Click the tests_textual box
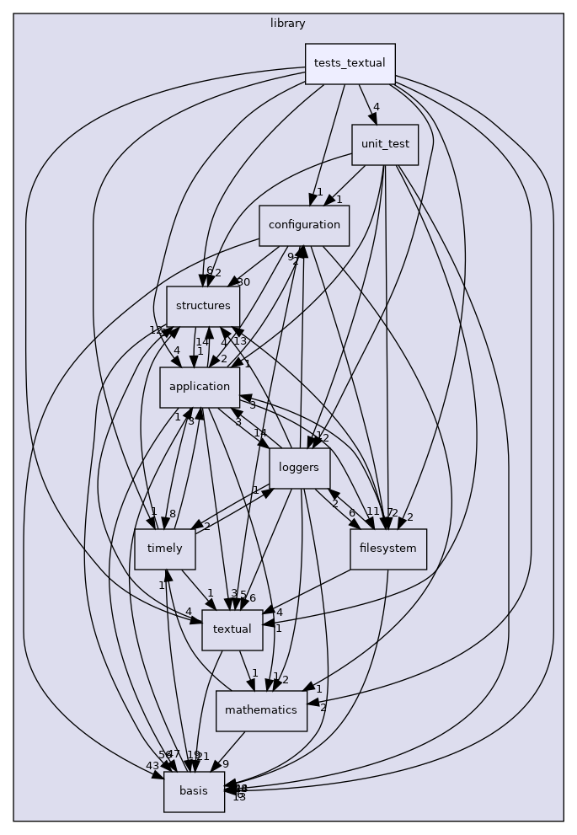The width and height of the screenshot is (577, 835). pos(350,64)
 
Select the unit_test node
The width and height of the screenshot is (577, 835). pos(385,144)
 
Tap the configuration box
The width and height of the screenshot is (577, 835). pos(304,225)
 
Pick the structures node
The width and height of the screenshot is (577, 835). pos(203,306)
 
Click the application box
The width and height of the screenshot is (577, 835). pos(199,387)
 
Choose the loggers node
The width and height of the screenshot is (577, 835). pos(299,468)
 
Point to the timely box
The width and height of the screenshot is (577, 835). pos(165,549)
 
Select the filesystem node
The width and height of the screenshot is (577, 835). pos(388,549)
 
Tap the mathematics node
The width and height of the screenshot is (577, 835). pos(261,710)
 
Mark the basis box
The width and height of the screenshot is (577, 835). pos(194,791)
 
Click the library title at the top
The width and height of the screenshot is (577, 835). pos(288,24)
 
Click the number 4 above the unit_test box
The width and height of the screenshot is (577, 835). pos(376,107)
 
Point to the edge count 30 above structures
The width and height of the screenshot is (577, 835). pos(243,282)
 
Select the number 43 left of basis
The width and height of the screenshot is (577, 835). pos(152,765)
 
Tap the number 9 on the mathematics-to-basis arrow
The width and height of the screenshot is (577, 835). pos(225,764)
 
